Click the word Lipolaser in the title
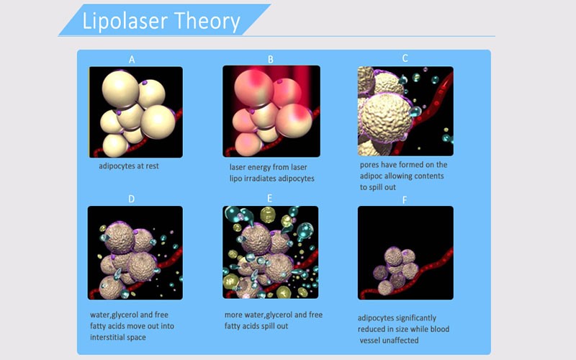(124, 22)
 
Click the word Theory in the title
(207, 22)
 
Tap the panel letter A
(132, 60)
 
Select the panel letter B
(271, 60)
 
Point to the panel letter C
(405, 58)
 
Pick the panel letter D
(132, 199)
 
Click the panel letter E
(269, 199)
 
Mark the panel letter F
(405, 200)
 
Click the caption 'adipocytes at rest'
(129, 166)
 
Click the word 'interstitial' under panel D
(107, 337)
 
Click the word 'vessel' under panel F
(370, 341)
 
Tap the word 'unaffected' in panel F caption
(401, 341)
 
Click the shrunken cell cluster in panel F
(396, 270)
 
